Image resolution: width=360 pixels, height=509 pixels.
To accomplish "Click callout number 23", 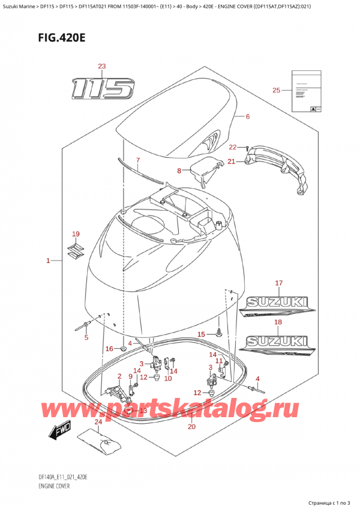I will pos(101,66).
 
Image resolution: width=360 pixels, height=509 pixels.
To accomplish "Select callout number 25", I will pos(276,90).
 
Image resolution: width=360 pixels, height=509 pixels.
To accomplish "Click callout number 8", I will pos(178,171).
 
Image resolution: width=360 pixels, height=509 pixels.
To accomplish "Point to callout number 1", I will pos(48,261).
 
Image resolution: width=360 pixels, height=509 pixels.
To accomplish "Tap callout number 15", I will pos(202,334).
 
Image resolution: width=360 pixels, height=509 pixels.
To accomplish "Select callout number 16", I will pos(109,348).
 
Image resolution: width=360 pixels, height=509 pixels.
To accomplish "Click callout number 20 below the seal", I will pos(191,427).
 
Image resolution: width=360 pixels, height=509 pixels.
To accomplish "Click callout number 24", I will pos(98,422).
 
